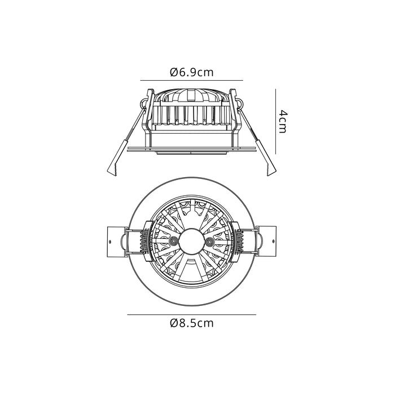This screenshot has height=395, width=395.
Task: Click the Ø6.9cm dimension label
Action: click(191, 72)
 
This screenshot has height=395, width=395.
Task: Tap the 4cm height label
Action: click(283, 121)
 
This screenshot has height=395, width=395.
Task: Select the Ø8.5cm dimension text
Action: click(191, 323)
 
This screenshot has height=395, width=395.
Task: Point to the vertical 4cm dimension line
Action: click(275, 121)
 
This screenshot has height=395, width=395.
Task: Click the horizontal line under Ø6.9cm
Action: click(191, 81)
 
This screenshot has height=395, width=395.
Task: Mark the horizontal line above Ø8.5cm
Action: click(191, 314)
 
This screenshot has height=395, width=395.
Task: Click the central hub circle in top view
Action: click(191, 241)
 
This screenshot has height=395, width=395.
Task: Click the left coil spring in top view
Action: click(144, 242)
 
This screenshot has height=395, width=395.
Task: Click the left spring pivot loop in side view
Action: click(142, 104)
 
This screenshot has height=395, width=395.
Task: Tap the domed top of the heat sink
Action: click(191, 92)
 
